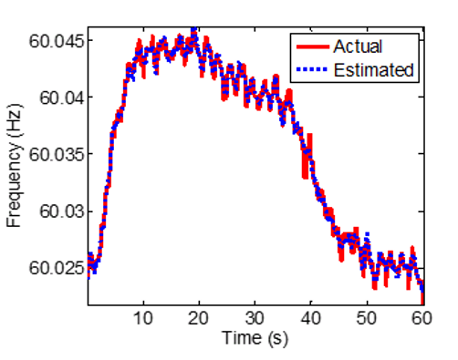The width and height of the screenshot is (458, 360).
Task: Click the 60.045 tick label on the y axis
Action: pos(57,40)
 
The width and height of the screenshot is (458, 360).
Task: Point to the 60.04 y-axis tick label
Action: pos(60,98)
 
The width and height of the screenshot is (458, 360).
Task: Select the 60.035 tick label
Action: pos(57,154)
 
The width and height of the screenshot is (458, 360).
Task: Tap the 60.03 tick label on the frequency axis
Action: pos(60,211)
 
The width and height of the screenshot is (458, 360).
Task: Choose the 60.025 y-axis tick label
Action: pos(57,268)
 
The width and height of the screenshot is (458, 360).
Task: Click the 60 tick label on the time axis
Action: pos(421,318)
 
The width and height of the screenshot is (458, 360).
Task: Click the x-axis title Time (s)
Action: pos(256,338)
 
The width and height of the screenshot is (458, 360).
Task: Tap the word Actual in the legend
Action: pos(358,46)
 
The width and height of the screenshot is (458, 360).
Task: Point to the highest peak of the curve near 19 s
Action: pos(194,30)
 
